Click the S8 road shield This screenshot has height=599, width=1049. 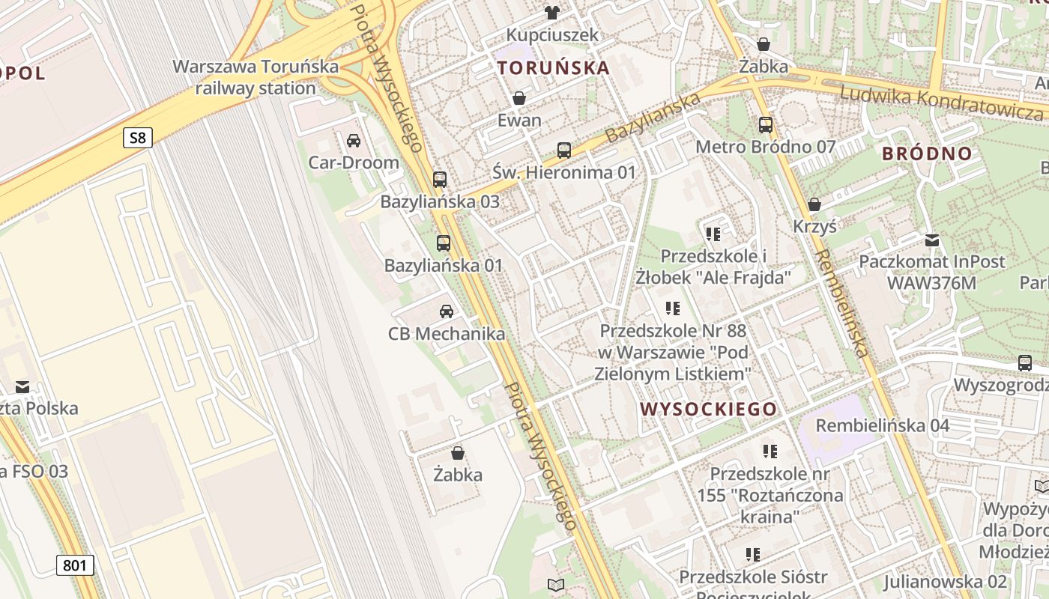138,138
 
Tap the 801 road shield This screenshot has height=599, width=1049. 75,565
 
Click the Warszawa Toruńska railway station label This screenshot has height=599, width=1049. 256,77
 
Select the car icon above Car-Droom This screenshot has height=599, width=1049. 354,140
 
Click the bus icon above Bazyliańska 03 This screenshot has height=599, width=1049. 440,180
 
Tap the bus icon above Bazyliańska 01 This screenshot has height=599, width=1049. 444,243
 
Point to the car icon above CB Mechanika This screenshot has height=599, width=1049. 447,311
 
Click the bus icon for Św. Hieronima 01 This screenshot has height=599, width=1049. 564,150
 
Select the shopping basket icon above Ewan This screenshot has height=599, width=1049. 519,98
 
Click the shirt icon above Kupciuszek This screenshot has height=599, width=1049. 552,12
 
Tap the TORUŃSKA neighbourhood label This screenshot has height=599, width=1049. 554,67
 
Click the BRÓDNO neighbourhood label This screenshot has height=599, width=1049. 927,154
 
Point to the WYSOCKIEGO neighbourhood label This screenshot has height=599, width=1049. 709,409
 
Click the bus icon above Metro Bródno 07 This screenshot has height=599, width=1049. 765,124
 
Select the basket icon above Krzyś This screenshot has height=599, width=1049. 814,204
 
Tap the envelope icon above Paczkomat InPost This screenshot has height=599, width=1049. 932,240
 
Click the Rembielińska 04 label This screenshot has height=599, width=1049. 882,426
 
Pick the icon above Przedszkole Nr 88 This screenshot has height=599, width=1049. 673,308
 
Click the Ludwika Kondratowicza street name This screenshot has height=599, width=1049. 941,103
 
